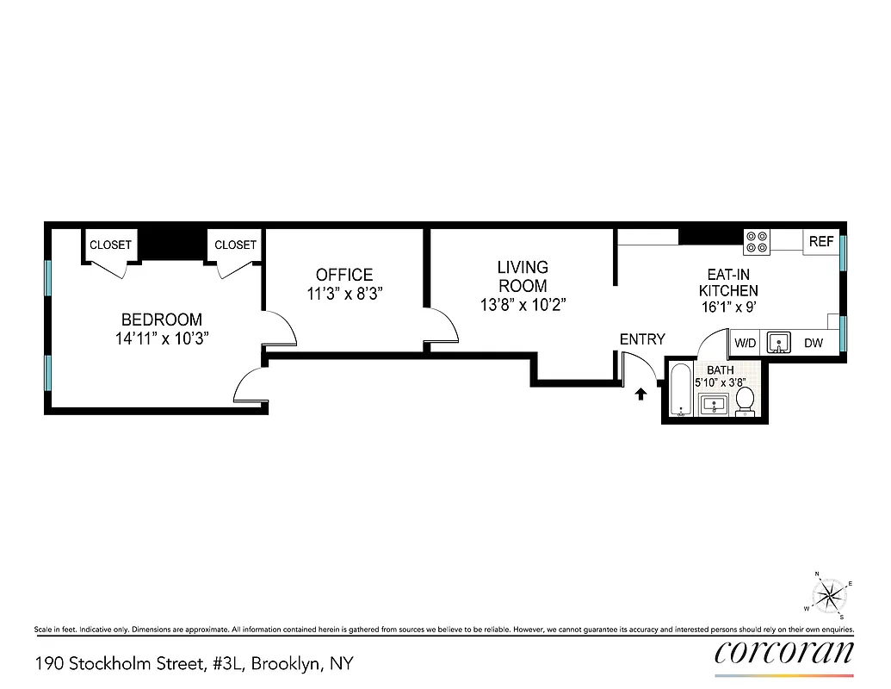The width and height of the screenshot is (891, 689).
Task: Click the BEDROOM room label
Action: [162, 320]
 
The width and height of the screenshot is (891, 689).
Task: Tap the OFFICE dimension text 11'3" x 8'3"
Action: [344, 293]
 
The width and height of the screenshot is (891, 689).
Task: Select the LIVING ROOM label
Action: [523, 276]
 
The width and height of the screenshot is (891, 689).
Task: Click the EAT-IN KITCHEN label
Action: [728, 283]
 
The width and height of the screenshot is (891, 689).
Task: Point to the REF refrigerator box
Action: [821, 242]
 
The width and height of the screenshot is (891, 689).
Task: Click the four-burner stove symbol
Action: [758, 242]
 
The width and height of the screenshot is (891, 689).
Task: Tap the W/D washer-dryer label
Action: [745, 344]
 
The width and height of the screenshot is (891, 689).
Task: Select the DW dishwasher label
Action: [814, 344]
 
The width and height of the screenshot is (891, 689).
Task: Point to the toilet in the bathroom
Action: [746, 400]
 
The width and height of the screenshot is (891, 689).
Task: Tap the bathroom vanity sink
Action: [714, 404]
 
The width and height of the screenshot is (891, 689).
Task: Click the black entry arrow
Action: [640, 394]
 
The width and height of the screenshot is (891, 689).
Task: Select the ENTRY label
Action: [642, 340]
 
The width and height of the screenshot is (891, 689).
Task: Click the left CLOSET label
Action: [111, 245]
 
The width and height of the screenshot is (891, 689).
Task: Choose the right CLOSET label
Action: [236, 245]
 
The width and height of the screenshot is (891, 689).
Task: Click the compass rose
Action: [829, 594]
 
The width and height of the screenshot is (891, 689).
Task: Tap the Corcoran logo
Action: [784, 652]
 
